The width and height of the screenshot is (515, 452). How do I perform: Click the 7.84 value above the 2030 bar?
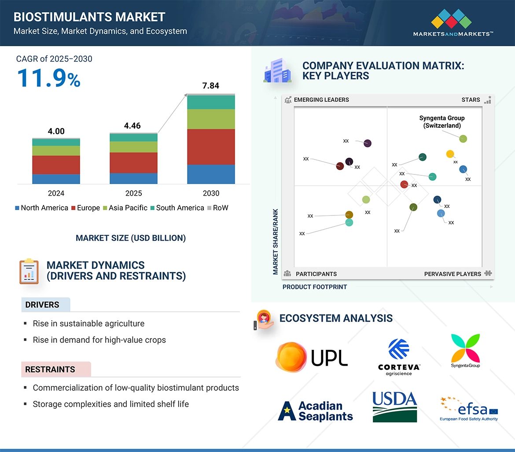pyautogui.click(x=210, y=86)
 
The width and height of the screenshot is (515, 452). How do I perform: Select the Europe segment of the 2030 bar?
pyautogui.click(x=211, y=147)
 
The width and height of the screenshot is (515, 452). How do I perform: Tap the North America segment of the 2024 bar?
pyautogui.click(x=56, y=179)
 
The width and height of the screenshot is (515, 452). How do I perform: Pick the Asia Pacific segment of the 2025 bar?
pyautogui.click(x=133, y=147)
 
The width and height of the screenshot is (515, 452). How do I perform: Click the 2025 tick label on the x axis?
pyautogui.click(x=133, y=193)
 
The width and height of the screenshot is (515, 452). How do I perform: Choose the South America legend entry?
pyautogui.click(x=177, y=208)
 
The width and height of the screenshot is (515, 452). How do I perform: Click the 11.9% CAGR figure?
pyautogui.click(x=48, y=78)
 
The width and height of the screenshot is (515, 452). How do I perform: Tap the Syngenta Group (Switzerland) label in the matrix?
pyautogui.click(x=441, y=122)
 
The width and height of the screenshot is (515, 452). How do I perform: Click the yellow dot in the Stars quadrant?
pyautogui.click(x=450, y=154)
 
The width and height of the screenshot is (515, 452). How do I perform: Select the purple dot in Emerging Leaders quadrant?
pyautogui.click(x=368, y=143)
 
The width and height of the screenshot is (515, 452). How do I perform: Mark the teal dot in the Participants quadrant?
pyautogui.click(x=349, y=222)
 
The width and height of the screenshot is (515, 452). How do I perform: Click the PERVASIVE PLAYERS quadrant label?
pyautogui.click(x=452, y=274)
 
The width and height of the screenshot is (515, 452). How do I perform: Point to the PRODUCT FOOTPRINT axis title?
pyautogui.click(x=315, y=287)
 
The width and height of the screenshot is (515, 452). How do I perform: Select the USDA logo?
pyautogui.click(x=394, y=406)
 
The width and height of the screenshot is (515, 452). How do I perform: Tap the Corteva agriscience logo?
pyautogui.click(x=399, y=357)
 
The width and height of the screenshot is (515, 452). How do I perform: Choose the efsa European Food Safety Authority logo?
pyautogui.click(x=469, y=408)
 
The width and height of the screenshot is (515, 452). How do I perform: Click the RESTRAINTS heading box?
pyautogui.click(x=56, y=369)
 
